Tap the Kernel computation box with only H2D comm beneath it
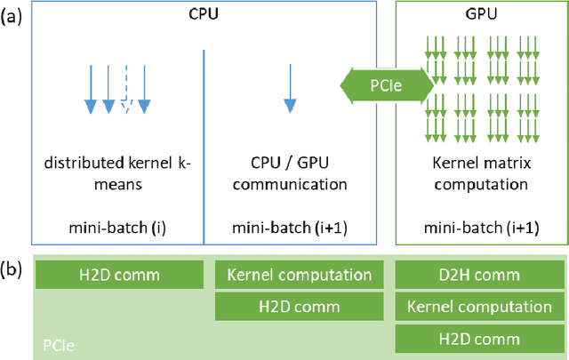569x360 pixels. pos(299,276)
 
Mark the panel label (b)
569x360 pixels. pos(15,268)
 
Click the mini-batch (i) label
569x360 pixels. pos(117,226)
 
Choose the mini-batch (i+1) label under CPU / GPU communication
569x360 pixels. pos(288,226)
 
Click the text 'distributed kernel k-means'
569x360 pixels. pos(117,177)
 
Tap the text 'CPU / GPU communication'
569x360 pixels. pos(288,177)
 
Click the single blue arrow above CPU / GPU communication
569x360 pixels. pos(288,92)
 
